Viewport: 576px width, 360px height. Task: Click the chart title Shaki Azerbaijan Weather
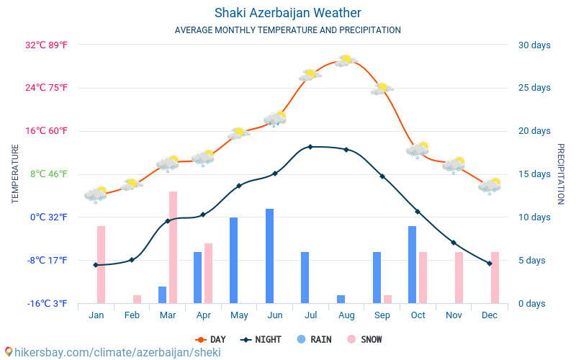pyautogui.click(x=288, y=13)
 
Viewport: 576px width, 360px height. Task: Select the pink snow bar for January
pyautogui.click(x=101, y=264)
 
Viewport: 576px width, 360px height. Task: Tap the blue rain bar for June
pyautogui.click(x=269, y=256)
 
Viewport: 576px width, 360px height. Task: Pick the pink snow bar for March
pyautogui.click(x=173, y=247)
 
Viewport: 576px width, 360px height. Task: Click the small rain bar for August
pyautogui.click(x=341, y=299)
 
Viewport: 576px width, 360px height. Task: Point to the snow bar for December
pyautogui.click(x=495, y=277)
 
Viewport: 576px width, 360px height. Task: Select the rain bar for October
pyautogui.click(x=413, y=264)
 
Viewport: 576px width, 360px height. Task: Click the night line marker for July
pyautogui.click(x=310, y=147)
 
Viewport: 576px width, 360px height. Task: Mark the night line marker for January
pyautogui.click(x=95, y=265)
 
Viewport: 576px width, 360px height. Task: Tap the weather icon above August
pyautogui.click(x=346, y=60)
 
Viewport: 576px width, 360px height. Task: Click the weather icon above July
pyautogui.click(x=310, y=74)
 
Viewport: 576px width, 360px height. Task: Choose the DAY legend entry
pyautogui.click(x=210, y=339)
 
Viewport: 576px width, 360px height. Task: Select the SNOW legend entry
pyautogui.click(x=364, y=339)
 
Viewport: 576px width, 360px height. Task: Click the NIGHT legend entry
pyautogui.click(x=262, y=339)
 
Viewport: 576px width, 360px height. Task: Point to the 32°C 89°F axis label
pyautogui.click(x=47, y=45)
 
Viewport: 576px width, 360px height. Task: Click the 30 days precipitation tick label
pyautogui.click(x=534, y=45)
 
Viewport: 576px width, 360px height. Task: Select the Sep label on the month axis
pyautogui.click(x=382, y=315)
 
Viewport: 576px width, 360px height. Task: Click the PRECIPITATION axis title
pyautogui.click(x=560, y=174)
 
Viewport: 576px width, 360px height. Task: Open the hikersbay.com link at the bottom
pyautogui.click(x=112, y=352)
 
